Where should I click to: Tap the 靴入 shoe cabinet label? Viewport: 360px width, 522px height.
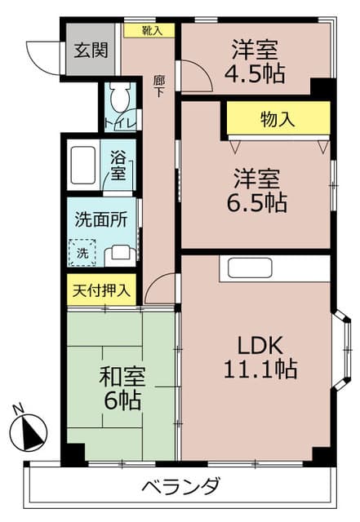pos(152,30)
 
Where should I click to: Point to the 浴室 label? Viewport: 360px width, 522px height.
pos(118,166)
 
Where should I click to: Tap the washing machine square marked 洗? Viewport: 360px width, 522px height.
pos(82,252)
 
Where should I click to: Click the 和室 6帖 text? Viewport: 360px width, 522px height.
pos(122,389)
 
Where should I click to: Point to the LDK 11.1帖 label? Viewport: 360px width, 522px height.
pos(260,356)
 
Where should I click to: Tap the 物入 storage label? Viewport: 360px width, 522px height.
pos(278,119)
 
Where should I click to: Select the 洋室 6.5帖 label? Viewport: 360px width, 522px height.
pos(256,190)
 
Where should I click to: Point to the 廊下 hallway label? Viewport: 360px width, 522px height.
pos(159,86)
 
